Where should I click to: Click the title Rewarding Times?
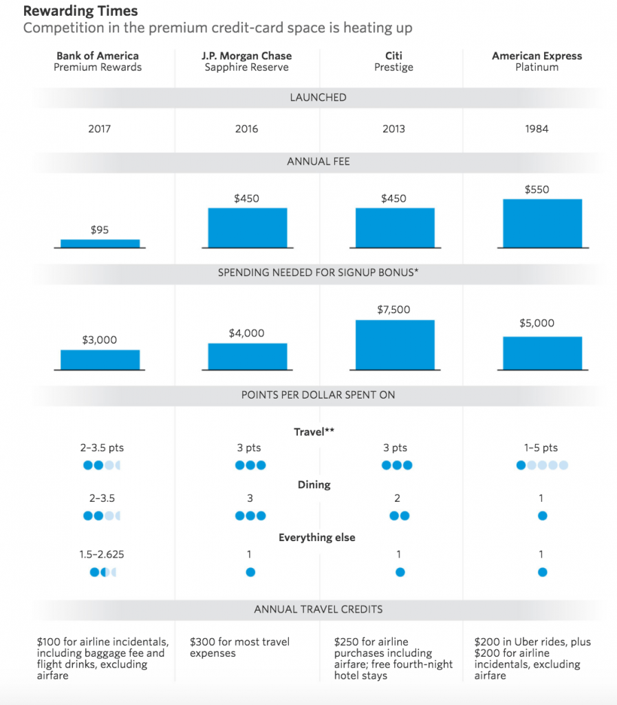pos(80,11)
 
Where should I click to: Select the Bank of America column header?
pos(98,56)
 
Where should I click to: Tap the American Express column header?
pos(537,56)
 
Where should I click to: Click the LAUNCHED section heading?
pos(318,98)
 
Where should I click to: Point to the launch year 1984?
pos(537,129)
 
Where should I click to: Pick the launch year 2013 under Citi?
pos(394,129)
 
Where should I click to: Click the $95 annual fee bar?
pos(100,243)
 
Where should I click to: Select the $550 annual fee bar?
pos(542,222)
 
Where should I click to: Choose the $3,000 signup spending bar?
pos(100,359)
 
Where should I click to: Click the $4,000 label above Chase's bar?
pos(246,333)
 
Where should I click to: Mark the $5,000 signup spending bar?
pos(542,352)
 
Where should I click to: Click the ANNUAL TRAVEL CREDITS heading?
pos(318,609)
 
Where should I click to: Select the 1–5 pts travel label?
pos(541,448)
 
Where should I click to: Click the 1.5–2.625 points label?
pos(102,554)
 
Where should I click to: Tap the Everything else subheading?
pos(317,537)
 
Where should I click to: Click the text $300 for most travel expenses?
pos(239,647)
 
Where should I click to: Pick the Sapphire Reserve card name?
pos(247,67)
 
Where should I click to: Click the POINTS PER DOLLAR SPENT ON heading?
pos(318,395)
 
